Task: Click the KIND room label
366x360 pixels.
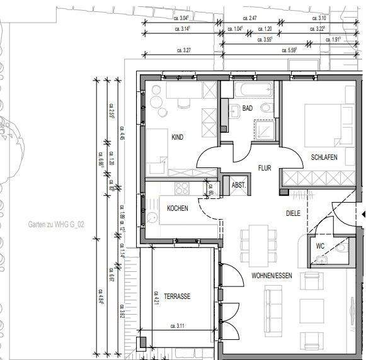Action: [178, 137]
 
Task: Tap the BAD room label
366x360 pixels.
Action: [248, 108]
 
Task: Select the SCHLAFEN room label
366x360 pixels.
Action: [324, 157]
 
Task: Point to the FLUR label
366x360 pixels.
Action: [265, 168]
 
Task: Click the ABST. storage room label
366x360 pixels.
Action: [239, 185]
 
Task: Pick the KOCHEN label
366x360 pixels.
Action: [178, 208]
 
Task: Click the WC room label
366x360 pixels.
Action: [320, 246]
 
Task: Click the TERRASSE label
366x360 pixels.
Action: [177, 296]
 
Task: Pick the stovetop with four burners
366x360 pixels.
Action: [183, 187]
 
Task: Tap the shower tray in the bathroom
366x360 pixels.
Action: [262, 130]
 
